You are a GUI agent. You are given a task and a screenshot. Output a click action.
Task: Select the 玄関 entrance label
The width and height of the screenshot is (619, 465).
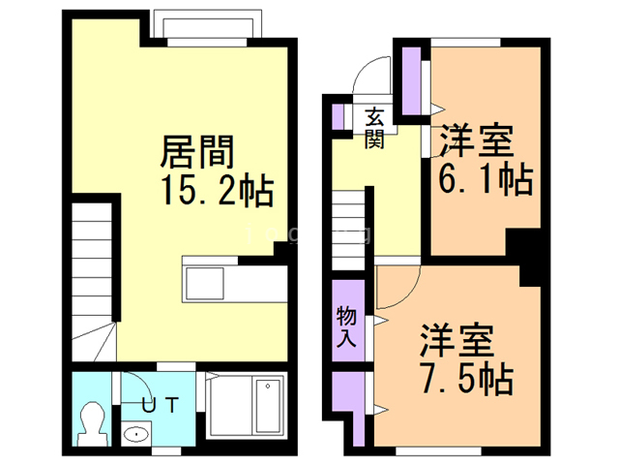coord(375,126)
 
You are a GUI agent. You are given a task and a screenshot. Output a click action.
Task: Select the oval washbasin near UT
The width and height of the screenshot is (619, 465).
coord(133,435)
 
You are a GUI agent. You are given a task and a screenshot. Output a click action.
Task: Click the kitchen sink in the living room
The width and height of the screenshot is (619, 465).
coord(206,284)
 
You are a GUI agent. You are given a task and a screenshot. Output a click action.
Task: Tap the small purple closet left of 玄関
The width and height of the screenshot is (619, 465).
coord(339,114)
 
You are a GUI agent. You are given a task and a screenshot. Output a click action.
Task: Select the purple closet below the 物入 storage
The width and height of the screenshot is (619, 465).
coord(347,406)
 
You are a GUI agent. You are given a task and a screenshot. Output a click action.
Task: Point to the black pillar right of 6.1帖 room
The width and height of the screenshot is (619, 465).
coord(529,255)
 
